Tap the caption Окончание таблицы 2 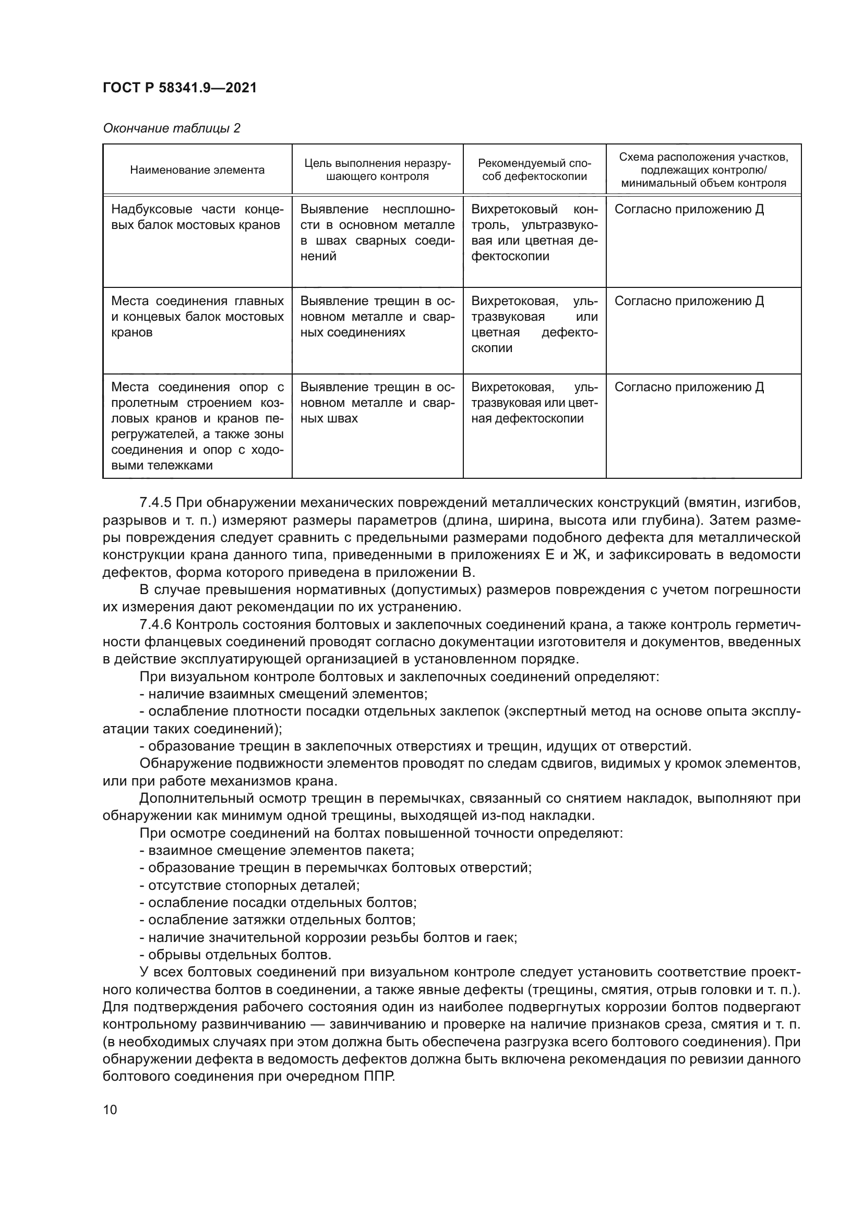coord(171,129)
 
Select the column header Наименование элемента coord(197,170)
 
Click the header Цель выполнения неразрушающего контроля coord(377,170)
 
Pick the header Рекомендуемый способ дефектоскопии coord(534,170)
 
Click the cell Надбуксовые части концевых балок coord(197,217)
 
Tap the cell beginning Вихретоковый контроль coord(534,232)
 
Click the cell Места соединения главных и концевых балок coord(197,316)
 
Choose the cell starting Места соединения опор coord(197,426)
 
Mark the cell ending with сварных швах coord(377,403)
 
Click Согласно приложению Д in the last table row coord(689,387)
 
